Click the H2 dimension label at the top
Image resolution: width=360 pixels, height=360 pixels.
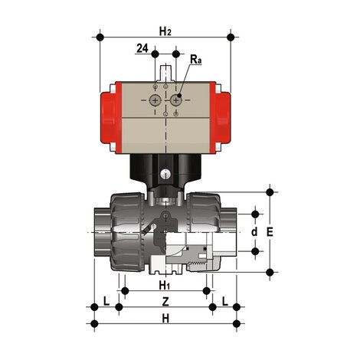(165, 31)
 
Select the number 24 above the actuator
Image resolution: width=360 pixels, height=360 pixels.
(142, 49)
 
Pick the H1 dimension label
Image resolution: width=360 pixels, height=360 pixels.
(164, 285)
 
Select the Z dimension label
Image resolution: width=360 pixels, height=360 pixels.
(165, 302)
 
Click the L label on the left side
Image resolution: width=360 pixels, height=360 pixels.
(106, 302)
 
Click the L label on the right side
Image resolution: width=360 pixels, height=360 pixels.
(224, 302)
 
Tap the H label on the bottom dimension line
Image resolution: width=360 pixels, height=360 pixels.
(165, 318)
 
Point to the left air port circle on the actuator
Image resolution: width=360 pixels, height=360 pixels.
(156, 100)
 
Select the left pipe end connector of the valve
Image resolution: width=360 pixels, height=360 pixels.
(98, 230)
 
